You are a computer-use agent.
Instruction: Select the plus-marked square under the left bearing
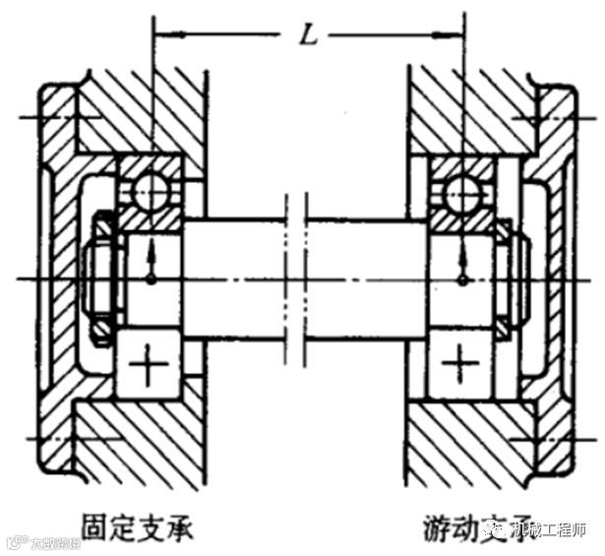(x=151, y=367)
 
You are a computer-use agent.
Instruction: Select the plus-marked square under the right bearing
(x=459, y=367)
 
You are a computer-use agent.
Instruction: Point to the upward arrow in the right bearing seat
(x=461, y=259)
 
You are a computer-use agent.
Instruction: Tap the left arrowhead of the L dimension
(x=163, y=38)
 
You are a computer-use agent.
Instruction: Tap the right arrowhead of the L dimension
(x=455, y=38)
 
